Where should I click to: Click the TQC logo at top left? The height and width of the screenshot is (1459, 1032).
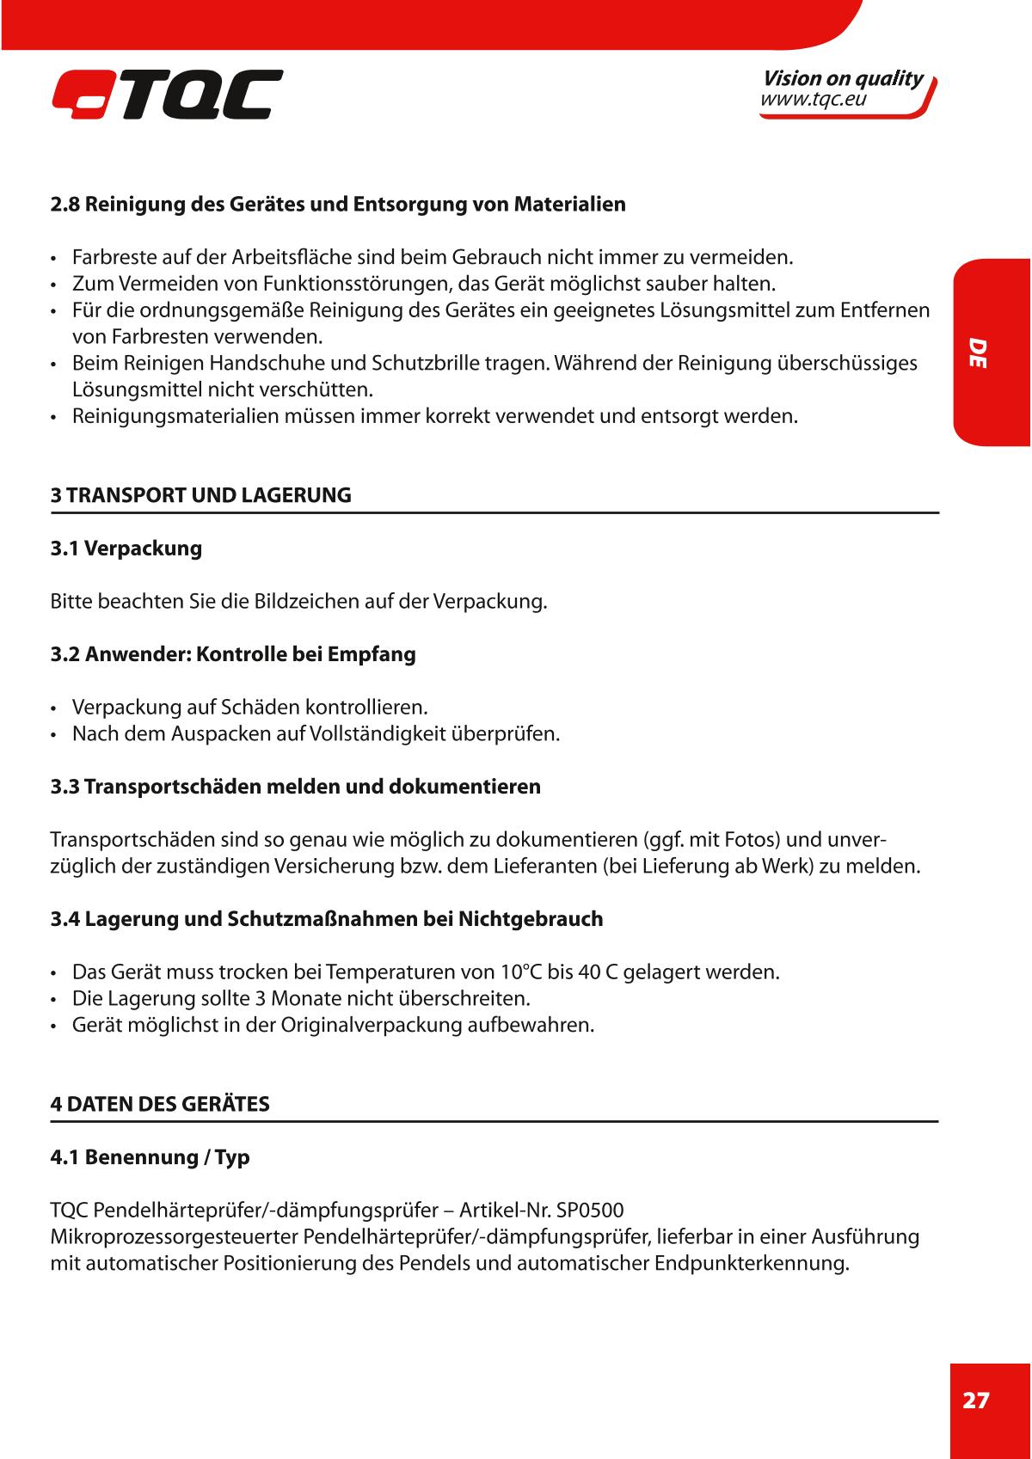[167, 95]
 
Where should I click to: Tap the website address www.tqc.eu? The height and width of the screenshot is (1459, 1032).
[813, 101]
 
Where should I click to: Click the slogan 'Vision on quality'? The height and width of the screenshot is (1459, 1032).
[842, 78]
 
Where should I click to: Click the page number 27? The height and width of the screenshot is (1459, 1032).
[975, 1401]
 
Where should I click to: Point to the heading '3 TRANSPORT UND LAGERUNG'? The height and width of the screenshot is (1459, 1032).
[201, 495]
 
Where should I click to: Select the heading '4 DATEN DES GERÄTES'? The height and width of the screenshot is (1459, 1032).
[160, 1104]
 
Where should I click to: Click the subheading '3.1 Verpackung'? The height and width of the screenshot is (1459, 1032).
[126, 549]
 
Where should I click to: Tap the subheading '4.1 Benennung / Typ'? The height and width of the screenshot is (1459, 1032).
[150, 1157]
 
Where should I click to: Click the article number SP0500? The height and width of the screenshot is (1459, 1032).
[590, 1211]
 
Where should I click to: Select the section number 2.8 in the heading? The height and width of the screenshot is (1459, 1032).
[64, 205]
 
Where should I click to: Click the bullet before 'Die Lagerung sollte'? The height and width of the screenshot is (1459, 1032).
[54, 1000]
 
